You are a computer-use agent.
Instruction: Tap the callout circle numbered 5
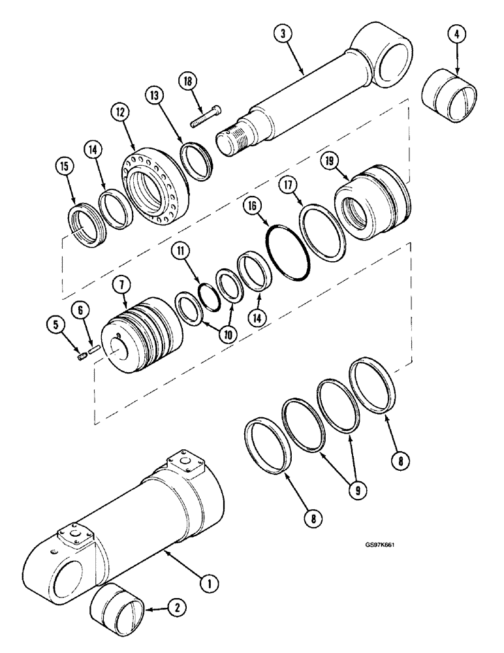coord(55,323)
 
